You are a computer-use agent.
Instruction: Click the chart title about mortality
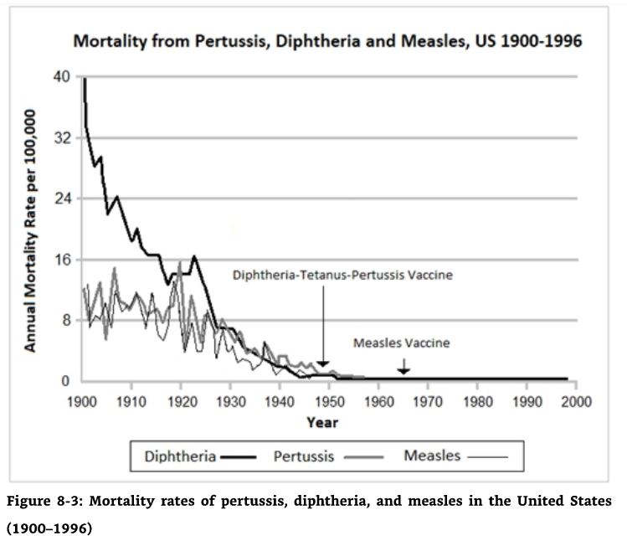point(327,40)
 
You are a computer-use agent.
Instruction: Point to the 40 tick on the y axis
point(63,76)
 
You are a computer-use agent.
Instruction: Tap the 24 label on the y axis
point(63,198)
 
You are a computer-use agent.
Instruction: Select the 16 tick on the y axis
point(63,260)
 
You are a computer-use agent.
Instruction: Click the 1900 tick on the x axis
point(82,400)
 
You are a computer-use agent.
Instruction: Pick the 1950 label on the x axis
point(329,400)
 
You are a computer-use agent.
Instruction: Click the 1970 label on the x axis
point(428,400)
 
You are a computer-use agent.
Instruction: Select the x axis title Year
point(322,422)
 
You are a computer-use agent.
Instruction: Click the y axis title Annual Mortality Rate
point(31,229)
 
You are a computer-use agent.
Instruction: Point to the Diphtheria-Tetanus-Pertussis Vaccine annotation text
point(342,275)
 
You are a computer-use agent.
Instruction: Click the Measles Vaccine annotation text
point(402,343)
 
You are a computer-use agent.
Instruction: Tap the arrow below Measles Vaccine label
point(403,365)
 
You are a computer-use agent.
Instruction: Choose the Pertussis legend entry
point(304,456)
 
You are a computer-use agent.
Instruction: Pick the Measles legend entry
point(432,456)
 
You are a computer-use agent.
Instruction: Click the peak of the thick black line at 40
point(84,78)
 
